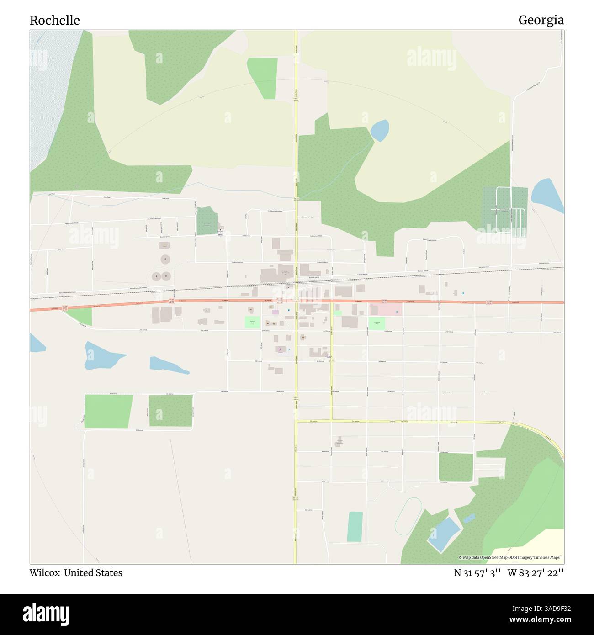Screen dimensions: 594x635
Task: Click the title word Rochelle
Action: [x=55, y=20]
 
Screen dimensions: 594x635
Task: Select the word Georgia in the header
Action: [x=541, y=20]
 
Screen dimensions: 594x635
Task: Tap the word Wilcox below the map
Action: [x=45, y=573]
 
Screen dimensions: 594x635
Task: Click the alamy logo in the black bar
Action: [x=46, y=614]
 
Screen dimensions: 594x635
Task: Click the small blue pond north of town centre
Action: [x=379, y=130]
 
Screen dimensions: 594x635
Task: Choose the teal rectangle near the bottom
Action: [x=355, y=526]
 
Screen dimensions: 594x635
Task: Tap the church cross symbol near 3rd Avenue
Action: [x=328, y=354]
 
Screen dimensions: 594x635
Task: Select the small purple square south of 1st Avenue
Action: [x=275, y=312]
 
